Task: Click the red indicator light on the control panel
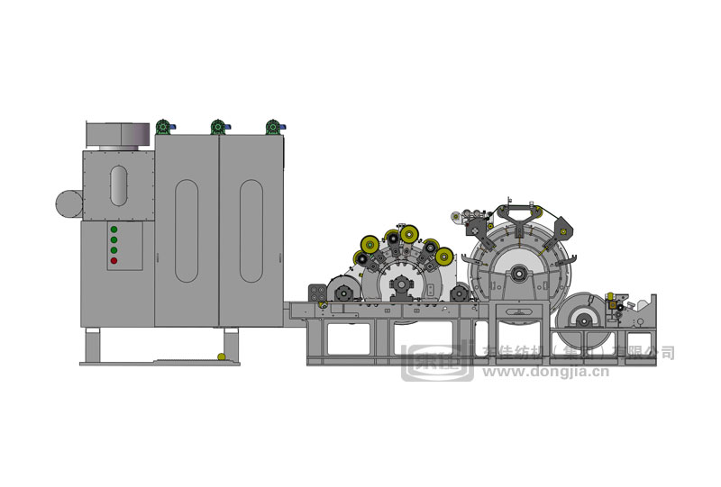click(x=114, y=261)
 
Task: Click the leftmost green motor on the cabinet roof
click(x=163, y=127)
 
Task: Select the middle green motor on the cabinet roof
click(x=217, y=127)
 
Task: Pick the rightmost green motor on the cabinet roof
click(x=271, y=127)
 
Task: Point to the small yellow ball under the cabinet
click(x=220, y=358)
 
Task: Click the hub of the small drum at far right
click(x=580, y=319)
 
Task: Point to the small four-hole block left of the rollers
click(x=316, y=293)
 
